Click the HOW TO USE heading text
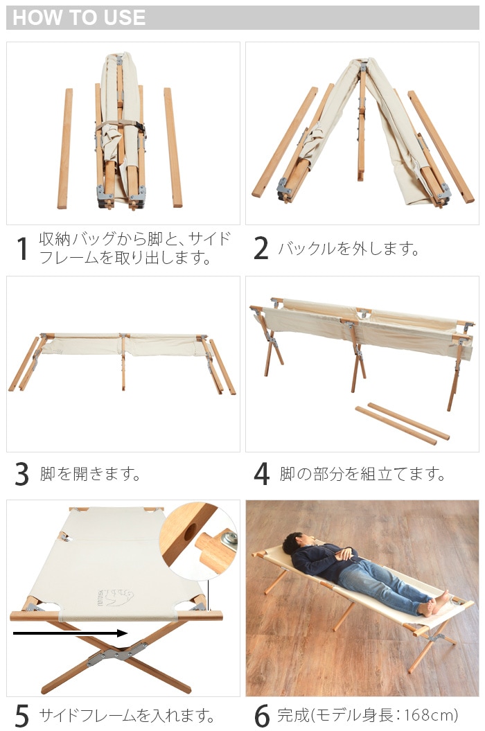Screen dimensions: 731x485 coord(79,18)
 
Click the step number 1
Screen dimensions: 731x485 coord(23,249)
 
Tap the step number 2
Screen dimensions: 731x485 coord(261,249)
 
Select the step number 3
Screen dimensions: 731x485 coord(22,475)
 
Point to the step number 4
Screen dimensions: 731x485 coord(261,475)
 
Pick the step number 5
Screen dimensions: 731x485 coord(22,715)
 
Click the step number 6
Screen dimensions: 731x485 coord(261,715)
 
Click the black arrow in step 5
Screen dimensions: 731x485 coord(69,633)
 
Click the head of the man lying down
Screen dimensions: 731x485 coord(294,543)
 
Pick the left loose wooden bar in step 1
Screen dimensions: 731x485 coord(65,148)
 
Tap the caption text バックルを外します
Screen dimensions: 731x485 coord(349,249)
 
